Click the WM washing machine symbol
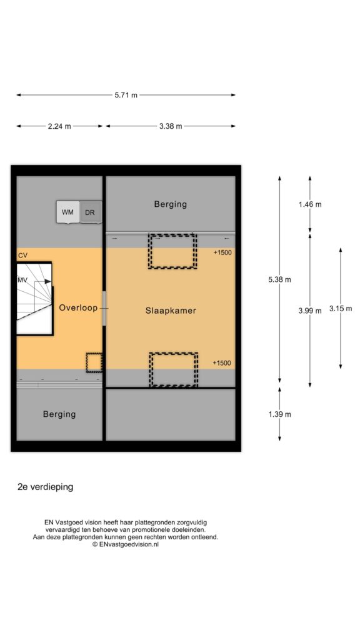pyautogui.click(x=67, y=212)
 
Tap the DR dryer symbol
pyautogui.click(x=90, y=212)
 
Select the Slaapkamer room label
pyautogui.click(x=171, y=311)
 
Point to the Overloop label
pyautogui.click(x=78, y=307)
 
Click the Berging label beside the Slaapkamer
pyautogui.click(x=170, y=204)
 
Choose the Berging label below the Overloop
pyautogui.click(x=59, y=414)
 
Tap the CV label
pyautogui.click(x=23, y=256)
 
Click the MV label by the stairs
pyautogui.click(x=22, y=281)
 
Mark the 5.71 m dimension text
pyautogui.click(x=126, y=95)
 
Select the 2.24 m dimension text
pyautogui.click(x=59, y=126)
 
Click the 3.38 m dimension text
pyautogui.click(x=171, y=126)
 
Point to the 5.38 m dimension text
pyautogui.click(x=279, y=279)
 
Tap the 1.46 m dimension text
pyautogui.click(x=310, y=204)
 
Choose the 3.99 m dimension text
pyautogui.click(x=310, y=311)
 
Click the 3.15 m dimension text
pyautogui.click(x=341, y=309)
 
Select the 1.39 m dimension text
pyautogui.click(x=279, y=414)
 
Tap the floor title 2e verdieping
pyautogui.click(x=45, y=487)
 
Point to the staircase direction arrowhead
pyautogui.click(x=48, y=281)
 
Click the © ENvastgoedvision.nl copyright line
pyautogui.click(x=126, y=544)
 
